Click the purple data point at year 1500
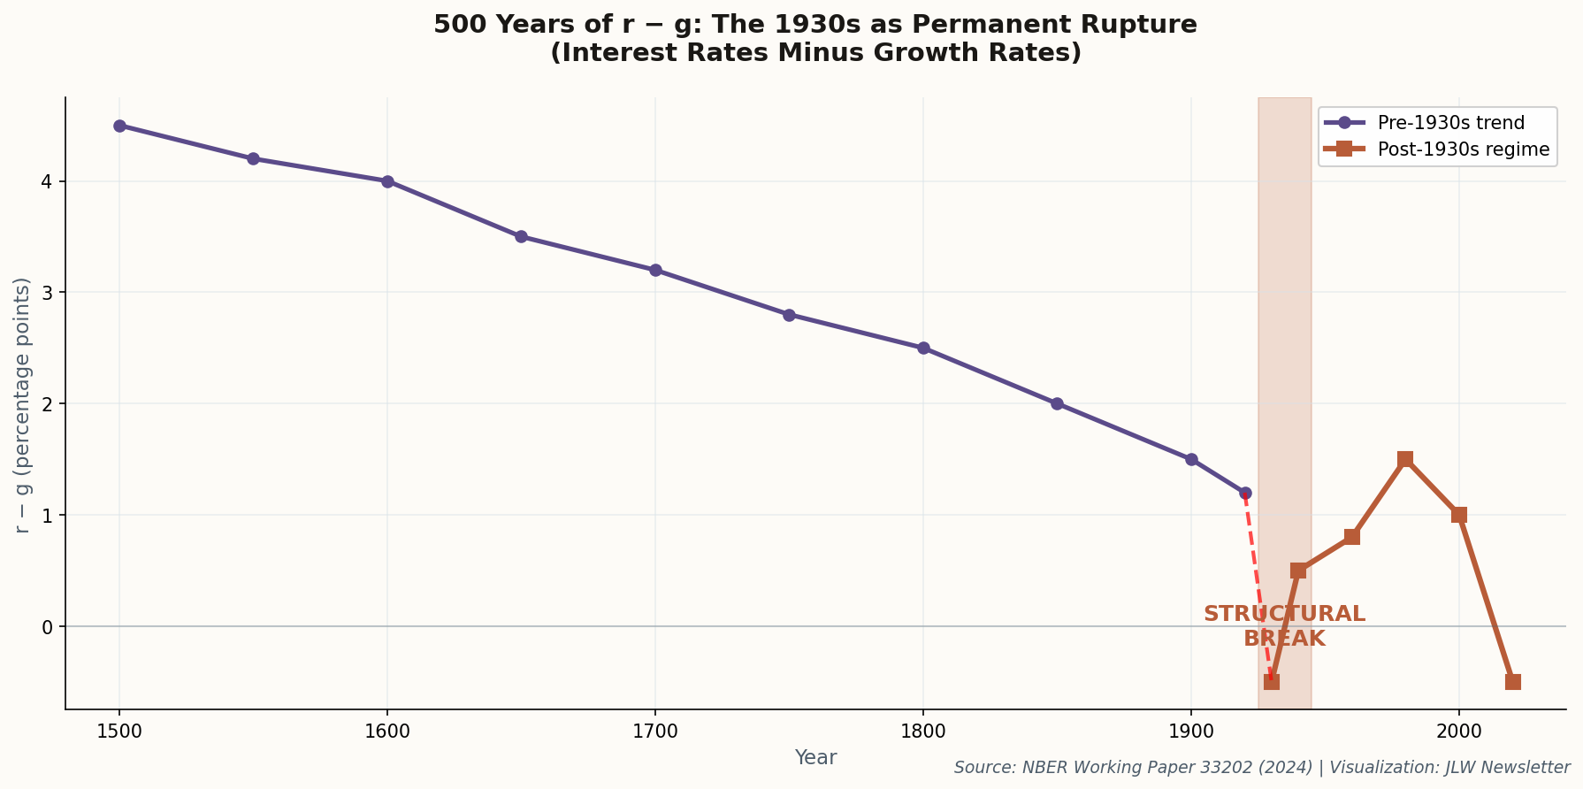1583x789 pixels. [119, 126]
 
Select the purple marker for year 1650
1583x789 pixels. [521, 237]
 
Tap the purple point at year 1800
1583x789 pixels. [923, 348]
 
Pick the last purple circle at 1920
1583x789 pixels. [1245, 493]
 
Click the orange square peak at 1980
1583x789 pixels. [1405, 459]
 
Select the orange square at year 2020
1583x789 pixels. [1513, 682]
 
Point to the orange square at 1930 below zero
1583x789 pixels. [1272, 682]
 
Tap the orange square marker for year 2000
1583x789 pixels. [1459, 515]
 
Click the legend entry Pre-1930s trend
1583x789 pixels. [1450, 123]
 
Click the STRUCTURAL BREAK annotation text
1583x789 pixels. [1284, 625]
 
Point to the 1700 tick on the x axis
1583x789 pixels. [654, 731]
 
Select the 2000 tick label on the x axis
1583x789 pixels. [1459, 731]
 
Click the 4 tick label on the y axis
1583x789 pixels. [49, 181]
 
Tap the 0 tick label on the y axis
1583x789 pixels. [49, 626]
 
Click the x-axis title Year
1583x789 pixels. [815, 758]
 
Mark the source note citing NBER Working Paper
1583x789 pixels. [1262, 768]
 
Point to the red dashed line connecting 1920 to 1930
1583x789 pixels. [1258, 584]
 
